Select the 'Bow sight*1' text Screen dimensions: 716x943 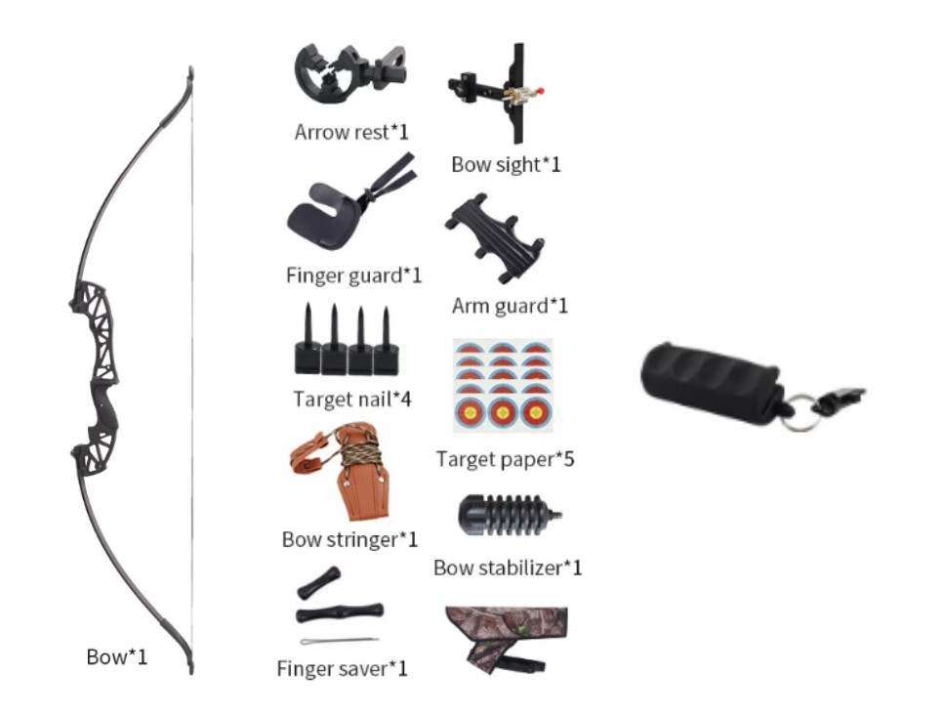pos(506,163)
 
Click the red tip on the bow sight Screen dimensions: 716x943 pos(542,92)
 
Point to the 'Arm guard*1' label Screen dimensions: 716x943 pos(510,305)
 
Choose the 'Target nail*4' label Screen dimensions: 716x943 pos(351,399)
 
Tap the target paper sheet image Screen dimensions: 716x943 pos(503,386)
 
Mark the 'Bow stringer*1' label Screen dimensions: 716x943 pos(349,538)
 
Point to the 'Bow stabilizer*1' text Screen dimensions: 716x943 pos(508,567)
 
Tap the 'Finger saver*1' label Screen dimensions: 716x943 pos(342,668)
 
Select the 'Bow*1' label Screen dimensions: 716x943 pos(117,656)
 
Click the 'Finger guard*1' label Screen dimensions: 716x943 pos(353,274)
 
